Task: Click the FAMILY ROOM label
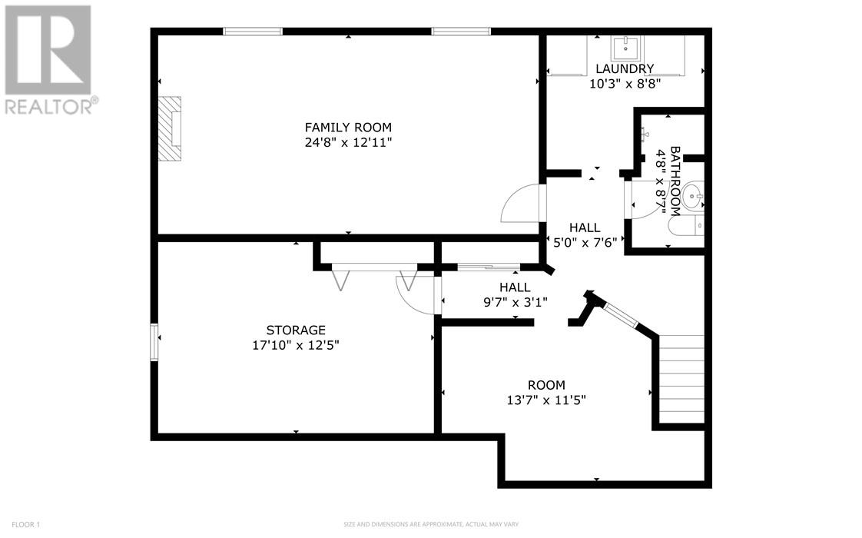348,128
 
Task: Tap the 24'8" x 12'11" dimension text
348,143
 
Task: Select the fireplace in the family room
171,128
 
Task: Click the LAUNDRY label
625,68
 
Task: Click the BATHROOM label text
675,181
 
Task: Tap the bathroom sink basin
695,197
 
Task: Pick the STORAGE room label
296,330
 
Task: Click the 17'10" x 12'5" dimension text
296,345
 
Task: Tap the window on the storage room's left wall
155,342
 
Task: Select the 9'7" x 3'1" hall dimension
515,301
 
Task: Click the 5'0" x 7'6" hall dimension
585,242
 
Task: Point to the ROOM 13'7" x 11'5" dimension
546,400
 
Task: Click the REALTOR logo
50,60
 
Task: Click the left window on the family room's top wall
253,32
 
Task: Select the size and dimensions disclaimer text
430,525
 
